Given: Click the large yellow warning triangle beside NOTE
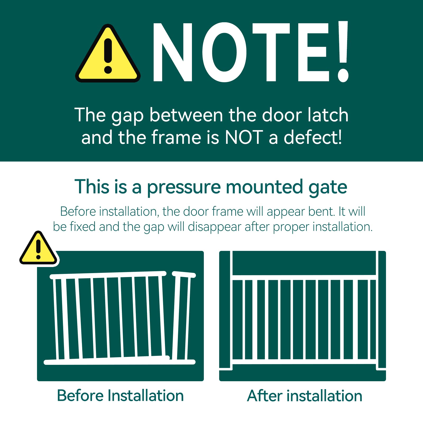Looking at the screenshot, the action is [x=108, y=54].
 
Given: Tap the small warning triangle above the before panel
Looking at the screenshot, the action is [x=38, y=249].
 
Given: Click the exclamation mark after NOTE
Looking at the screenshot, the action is [x=343, y=52].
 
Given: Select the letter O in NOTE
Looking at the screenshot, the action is [x=224, y=52].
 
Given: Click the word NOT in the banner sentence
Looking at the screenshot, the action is [x=244, y=138].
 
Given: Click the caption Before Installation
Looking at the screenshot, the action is [x=120, y=396].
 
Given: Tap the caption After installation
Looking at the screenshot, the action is [x=305, y=396].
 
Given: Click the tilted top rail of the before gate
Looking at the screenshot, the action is [x=108, y=275].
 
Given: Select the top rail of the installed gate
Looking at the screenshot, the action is [x=304, y=277].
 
